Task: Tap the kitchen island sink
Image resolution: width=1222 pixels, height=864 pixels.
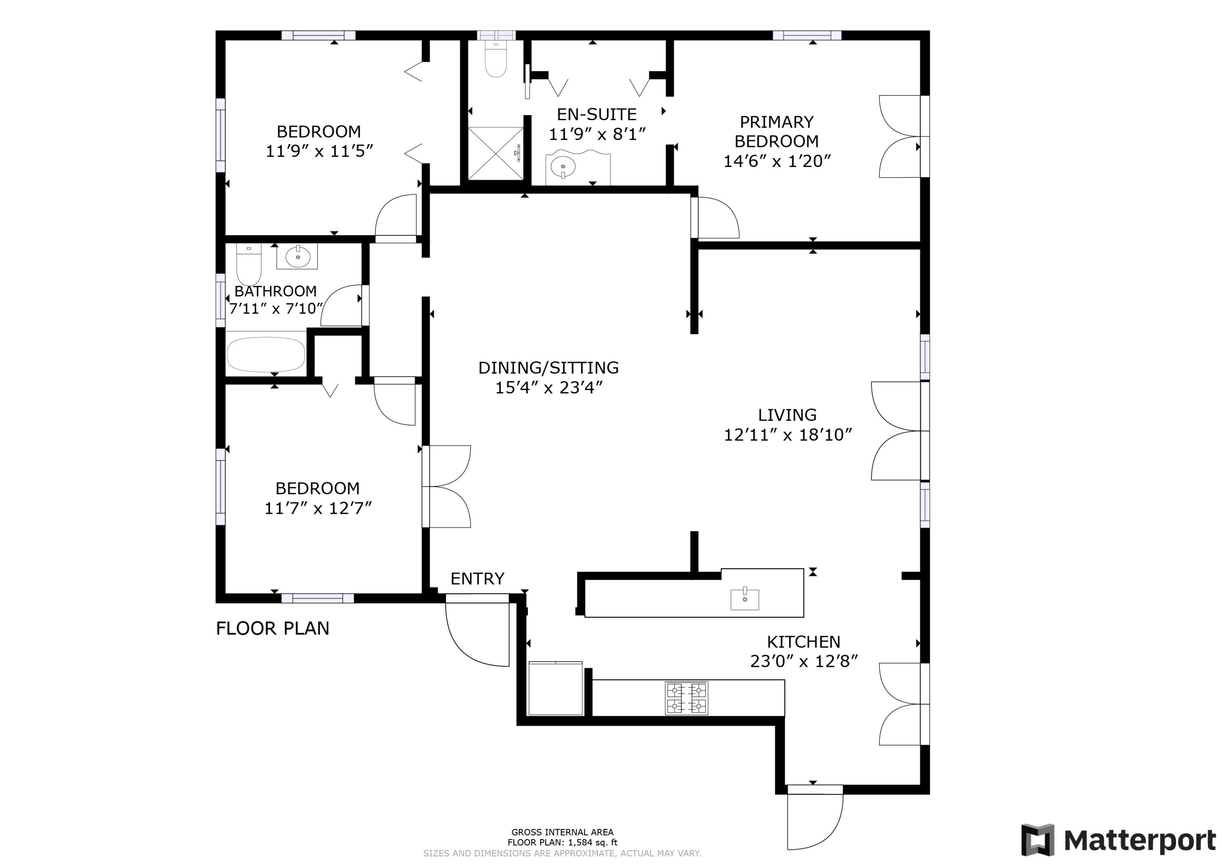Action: pyautogui.click(x=745, y=599)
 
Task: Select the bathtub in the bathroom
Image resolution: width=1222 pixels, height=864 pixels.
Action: pyautogui.click(x=266, y=354)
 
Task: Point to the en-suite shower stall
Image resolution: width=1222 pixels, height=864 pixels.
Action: pyautogui.click(x=495, y=153)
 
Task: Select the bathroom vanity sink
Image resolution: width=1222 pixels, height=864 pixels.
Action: pyautogui.click(x=297, y=257)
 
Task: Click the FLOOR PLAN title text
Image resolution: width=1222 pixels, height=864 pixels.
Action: pyautogui.click(x=273, y=628)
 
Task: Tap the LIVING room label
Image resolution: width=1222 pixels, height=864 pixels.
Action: pyautogui.click(x=787, y=415)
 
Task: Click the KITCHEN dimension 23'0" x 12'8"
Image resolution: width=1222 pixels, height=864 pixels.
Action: pyautogui.click(x=804, y=661)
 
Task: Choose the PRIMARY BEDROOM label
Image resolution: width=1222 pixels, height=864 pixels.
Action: pyautogui.click(x=776, y=132)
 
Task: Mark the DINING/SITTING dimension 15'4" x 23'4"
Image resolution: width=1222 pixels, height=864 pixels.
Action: pyautogui.click(x=549, y=388)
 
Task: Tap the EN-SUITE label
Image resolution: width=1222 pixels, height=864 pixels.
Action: pyautogui.click(x=597, y=114)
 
